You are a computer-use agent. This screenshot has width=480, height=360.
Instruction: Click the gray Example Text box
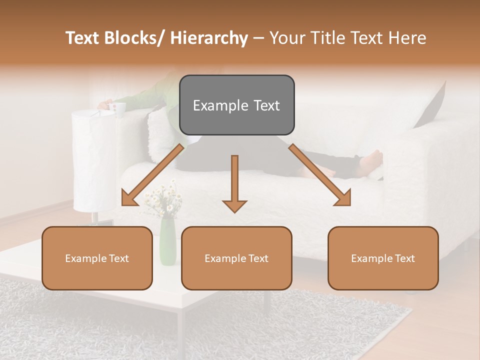[x=236, y=105]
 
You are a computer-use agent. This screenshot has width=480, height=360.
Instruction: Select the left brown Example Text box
[x=97, y=258]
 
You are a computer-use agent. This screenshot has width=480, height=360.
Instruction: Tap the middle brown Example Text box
[x=236, y=258]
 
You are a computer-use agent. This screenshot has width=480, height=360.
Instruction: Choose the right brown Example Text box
[x=383, y=258]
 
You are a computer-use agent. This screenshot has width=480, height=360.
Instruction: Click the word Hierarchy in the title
[x=209, y=38]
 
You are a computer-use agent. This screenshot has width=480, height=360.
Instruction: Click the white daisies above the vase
[x=162, y=197]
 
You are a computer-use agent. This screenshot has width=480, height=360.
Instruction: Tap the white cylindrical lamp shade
[x=94, y=160]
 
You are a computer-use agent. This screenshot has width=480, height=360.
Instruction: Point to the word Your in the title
[x=286, y=38]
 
